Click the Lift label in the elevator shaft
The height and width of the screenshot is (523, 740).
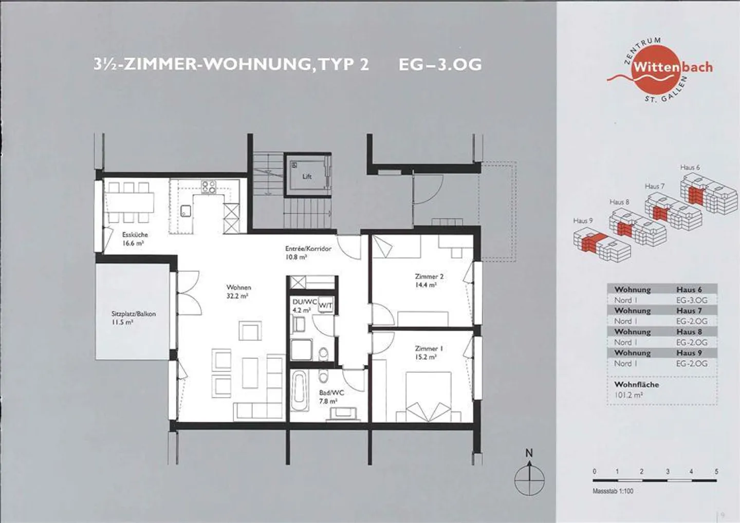pyautogui.click(x=307, y=176)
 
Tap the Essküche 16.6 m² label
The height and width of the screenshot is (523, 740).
pyautogui.click(x=135, y=239)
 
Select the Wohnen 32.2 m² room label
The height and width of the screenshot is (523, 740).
pyautogui.click(x=238, y=291)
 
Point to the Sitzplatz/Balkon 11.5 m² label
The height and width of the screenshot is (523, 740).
pyautogui.click(x=133, y=317)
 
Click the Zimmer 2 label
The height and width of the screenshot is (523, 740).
pyautogui.click(x=429, y=280)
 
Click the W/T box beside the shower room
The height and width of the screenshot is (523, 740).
pyautogui.click(x=326, y=306)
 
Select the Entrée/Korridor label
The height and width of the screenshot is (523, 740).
pyautogui.click(x=308, y=252)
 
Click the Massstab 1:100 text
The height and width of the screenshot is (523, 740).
pyautogui.click(x=613, y=491)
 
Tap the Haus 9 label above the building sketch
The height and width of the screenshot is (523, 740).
pyautogui.click(x=583, y=220)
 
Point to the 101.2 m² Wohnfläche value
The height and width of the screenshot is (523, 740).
pyautogui.click(x=629, y=395)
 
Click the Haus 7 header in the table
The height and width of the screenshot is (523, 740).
pyautogui.click(x=689, y=311)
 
